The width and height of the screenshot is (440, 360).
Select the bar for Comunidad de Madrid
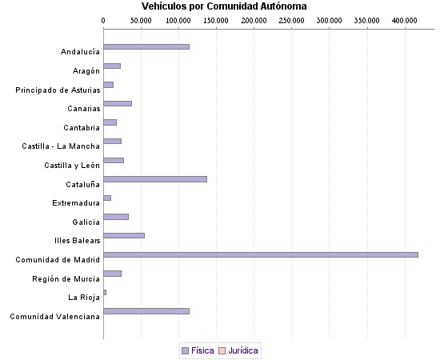pyautogui.click(x=261, y=254)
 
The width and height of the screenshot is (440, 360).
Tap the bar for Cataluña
pyautogui.click(x=155, y=178)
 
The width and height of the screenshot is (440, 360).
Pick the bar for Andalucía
pyautogui.click(x=146, y=46)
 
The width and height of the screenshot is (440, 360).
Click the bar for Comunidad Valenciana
pyautogui.click(x=146, y=310)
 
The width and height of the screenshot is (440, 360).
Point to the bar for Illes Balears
pyautogui.click(x=124, y=235)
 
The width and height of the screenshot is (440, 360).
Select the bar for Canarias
pyautogui.click(x=118, y=103)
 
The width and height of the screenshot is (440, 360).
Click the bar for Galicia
pyautogui.click(x=116, y=216)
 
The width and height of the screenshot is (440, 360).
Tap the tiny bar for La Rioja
pyautogui.click(x=105, y=292)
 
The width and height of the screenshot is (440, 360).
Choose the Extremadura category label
pyautogui.click(x=76, y=203)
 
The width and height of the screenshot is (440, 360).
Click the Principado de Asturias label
pyautogui.click(x=58, y=90)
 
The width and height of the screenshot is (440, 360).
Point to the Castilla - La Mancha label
pyautogui.click(x=61, y=146)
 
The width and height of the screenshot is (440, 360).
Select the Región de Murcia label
pyautogui.click(x=66, y=278)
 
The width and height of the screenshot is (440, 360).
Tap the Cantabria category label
pyautogui.click(x=82, y=128)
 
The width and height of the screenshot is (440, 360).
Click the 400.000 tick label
pyautogui.click(x=405, y=19)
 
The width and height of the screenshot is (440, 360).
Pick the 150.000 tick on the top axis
pyautogui.click(x=216, y=19)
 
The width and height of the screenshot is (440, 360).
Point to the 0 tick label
pyautogui.click(x=103, y=19)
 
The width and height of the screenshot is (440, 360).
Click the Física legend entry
pyautogui.click(x=198, y=350)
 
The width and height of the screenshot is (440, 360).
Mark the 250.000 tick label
pyautogui.click(x=292, y=19)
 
